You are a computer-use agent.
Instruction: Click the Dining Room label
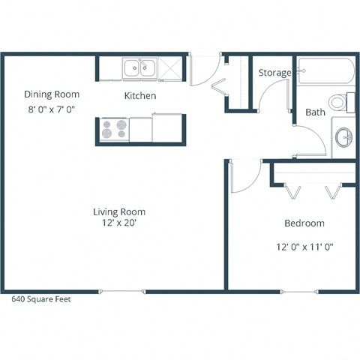tap(52, 94)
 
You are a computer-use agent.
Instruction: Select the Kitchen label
tap(140, 96)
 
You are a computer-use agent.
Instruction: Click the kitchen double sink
tap(139, 69)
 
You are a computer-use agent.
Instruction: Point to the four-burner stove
tap(115, 130)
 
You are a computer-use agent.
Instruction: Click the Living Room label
tap(119, 211)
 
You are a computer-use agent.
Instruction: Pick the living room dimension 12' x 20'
tap(119, 223)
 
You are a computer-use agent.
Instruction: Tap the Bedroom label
tap(304, 223)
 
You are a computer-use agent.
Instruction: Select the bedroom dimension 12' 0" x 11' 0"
tap(304, 245)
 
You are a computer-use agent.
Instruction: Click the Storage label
tap(274, 73)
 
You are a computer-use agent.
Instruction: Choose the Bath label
tap(315, 113)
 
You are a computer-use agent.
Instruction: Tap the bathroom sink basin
tap(344, 136)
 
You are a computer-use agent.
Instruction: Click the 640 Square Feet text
tap(42, 298)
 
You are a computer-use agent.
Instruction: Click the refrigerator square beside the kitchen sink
tap(170, 69)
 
